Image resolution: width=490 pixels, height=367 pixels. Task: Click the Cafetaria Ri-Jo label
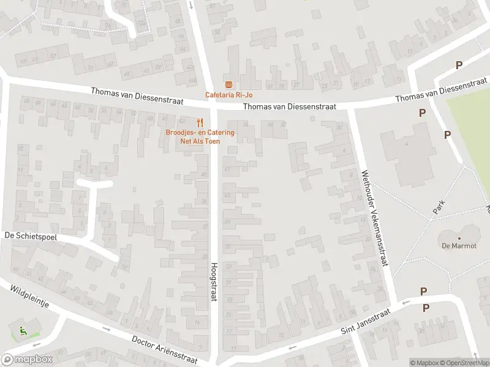click(228, 95)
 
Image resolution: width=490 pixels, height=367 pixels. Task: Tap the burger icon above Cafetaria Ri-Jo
click(228, 84)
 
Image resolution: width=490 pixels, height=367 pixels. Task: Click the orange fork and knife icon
click(200, 122)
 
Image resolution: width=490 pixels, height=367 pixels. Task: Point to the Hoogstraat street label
click(214, 281)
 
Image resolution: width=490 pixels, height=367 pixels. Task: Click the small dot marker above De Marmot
click(458, 238)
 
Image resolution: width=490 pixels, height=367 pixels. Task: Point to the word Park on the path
click(439, 207)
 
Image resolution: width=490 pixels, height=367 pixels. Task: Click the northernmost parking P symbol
click(459, 65)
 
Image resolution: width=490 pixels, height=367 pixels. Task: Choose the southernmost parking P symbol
click(426, 308)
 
